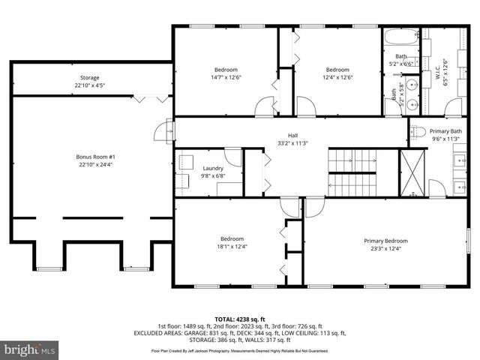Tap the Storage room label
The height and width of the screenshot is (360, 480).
[90, 78]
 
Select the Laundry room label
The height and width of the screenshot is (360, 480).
[213, 169]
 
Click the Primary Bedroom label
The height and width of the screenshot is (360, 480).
[385, 241]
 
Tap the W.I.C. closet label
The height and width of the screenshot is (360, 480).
[445, 73]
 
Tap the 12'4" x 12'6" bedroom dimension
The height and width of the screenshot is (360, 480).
[337, 76]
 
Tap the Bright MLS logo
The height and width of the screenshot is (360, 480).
[30, 349]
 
